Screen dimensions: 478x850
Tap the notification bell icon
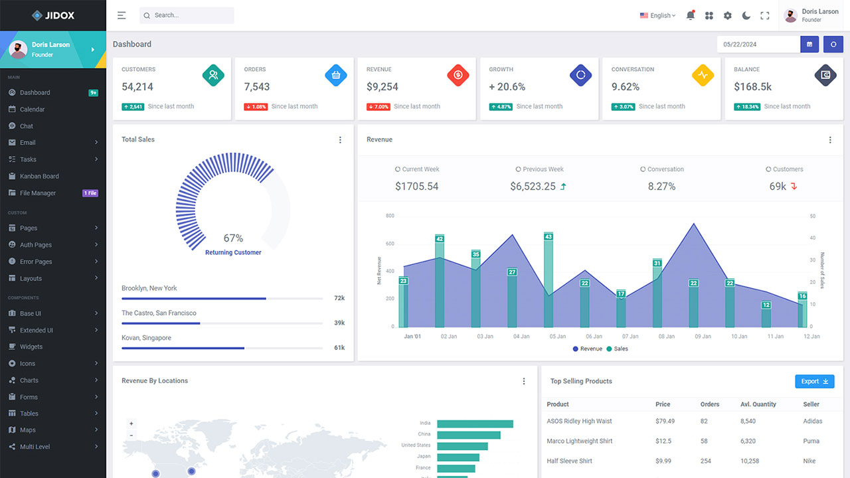690,15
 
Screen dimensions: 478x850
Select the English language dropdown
657,15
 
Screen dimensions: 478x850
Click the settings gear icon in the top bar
727,15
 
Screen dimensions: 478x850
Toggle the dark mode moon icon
746,15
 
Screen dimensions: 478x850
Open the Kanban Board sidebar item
39,176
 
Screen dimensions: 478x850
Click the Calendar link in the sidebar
32,109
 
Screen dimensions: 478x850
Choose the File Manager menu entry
38,193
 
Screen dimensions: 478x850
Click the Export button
814,381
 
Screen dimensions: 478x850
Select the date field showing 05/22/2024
758,44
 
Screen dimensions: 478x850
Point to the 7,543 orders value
257,87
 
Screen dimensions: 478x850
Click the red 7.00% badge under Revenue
378,107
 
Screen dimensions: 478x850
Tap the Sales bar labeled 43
548,279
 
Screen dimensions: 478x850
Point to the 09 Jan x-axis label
703,337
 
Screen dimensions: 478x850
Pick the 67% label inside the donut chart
233,238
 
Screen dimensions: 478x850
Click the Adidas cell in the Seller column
812,421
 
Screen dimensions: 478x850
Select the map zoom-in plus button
131,424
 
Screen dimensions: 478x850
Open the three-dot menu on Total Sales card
340,140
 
